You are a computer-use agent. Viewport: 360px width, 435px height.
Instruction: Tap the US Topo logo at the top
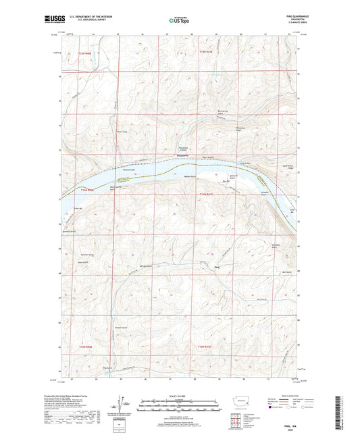point(179,20)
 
